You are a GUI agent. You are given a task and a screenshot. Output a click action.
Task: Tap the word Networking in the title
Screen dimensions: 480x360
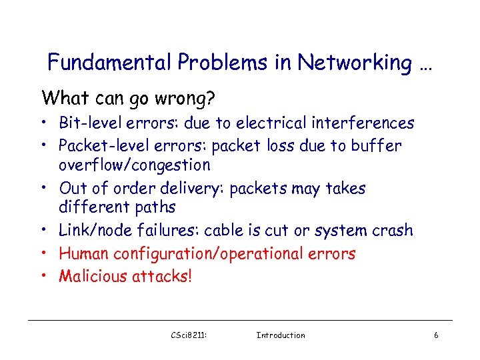click(355, 63)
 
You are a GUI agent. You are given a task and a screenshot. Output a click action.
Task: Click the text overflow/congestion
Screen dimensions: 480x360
click(135, 165)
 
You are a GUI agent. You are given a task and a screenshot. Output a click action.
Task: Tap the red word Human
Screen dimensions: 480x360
click(84, 253)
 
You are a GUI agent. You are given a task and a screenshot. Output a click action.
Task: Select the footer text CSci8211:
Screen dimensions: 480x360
click(189, 335)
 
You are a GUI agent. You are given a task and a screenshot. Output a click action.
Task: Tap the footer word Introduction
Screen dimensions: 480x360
click(281, 335)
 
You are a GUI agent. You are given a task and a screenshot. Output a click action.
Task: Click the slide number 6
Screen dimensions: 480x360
click(436, 335)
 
